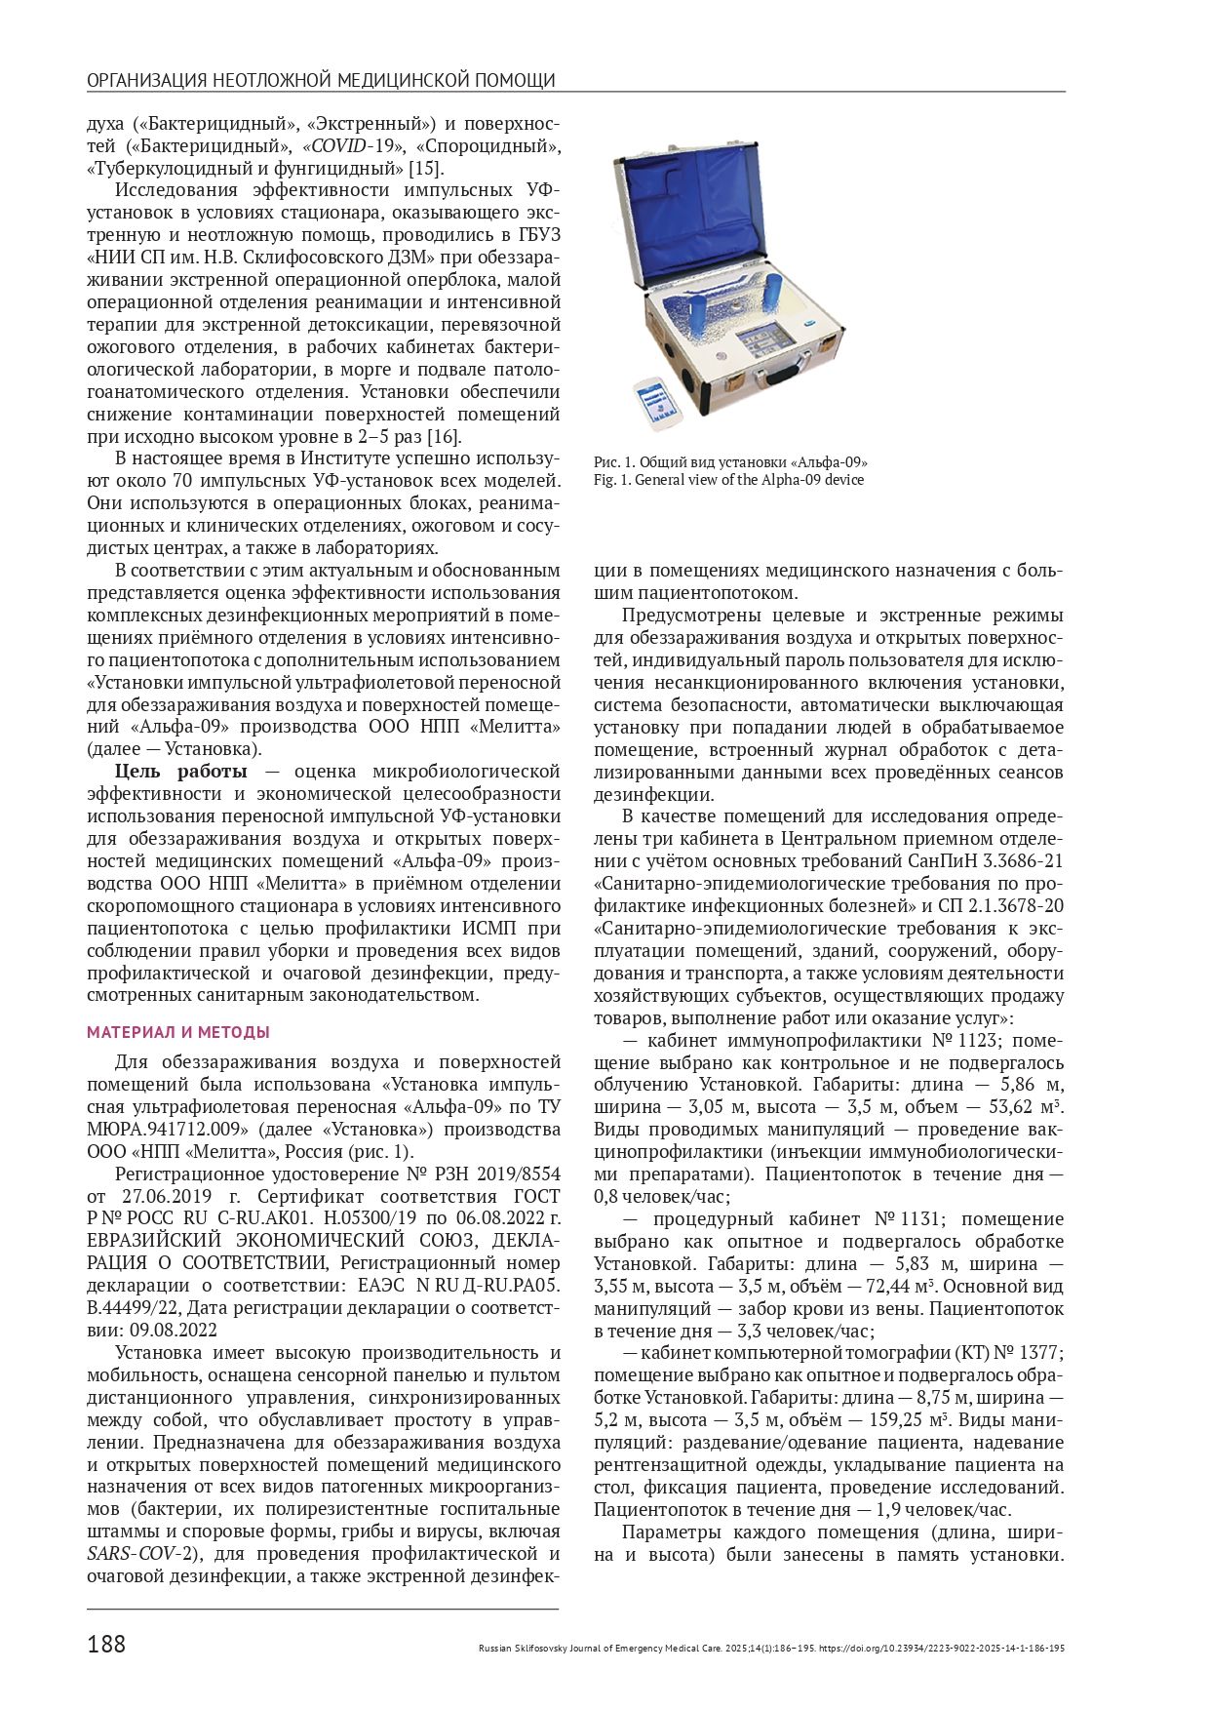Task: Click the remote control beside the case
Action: pyautogui.click(x=656, y=402)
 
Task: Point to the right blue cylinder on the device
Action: pyautogui.click(x=772, y=289)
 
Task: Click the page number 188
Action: pyautogui.click(x=106, y=1644)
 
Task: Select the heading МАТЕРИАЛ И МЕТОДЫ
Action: pyautogui.click(x=178, y=1032)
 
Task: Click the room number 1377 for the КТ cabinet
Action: pyautogui.click(x=1039, y=1353)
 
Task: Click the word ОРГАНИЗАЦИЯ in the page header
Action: pyautogui.click(x=145, y=80)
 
